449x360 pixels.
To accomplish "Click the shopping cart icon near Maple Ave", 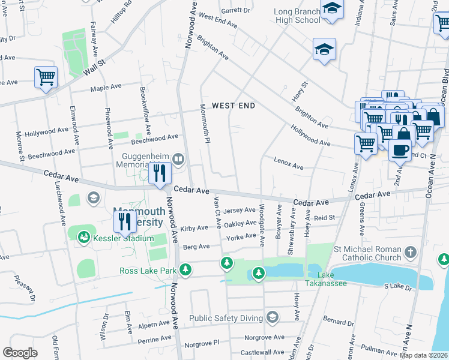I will click(46, 77).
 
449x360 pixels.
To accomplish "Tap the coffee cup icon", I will click(400, 151).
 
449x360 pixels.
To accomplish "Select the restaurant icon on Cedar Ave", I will click(160, 174).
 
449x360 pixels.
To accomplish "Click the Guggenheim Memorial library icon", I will click(178, 159).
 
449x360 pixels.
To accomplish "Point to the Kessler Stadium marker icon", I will click(83, 238).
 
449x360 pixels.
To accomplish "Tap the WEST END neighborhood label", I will click(234, 106).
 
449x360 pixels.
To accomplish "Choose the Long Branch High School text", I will click(297, 16).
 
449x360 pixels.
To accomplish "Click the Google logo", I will click(20, 352).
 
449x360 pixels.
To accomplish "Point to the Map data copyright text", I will click(423, 355).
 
